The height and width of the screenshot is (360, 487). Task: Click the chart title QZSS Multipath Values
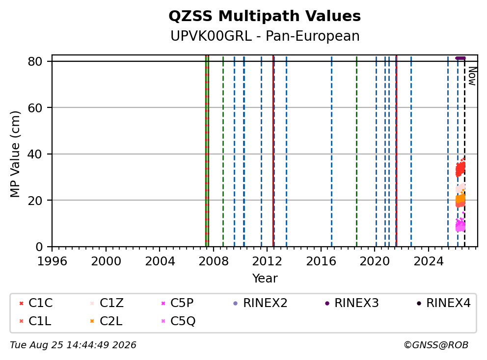click(265, 16)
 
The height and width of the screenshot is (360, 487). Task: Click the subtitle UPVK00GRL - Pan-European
click(265, 36)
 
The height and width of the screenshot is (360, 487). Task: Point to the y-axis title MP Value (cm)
click(15, 154)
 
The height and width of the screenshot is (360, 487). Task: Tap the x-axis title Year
click(265, 279)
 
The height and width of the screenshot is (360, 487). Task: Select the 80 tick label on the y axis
click(35, 61)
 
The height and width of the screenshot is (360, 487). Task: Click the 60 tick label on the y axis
click(35, 108)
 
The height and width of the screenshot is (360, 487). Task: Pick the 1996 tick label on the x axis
click(52, 261)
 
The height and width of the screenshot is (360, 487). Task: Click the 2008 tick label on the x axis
click(214, 261)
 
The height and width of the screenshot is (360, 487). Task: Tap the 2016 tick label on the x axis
click(321, 261)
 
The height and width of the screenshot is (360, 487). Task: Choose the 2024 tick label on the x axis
click(429, 261)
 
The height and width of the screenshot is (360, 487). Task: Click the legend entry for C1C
click(36, 303)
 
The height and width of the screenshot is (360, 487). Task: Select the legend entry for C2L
click(106, 321)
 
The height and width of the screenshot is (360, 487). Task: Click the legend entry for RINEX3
click(352, 303)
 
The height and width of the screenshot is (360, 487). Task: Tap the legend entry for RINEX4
click(443, 303)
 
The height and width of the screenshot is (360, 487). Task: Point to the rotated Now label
click(472, 77)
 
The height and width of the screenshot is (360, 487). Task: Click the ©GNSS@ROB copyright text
click(436, 345)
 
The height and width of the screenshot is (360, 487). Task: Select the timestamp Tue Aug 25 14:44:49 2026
click(73, 345)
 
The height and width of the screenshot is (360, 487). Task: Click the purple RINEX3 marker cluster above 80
click(460, 58)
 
